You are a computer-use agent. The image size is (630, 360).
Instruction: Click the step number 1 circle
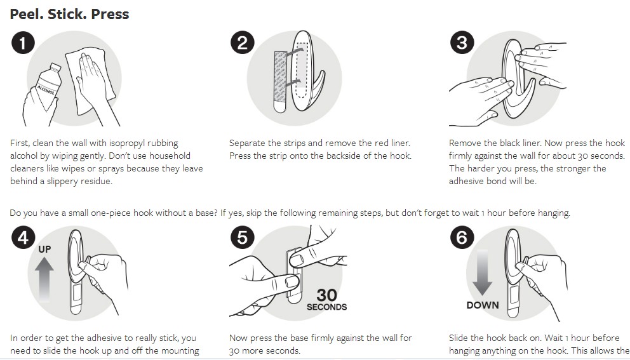(x=23, y=43)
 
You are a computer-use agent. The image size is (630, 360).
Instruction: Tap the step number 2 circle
(x=242, y=43)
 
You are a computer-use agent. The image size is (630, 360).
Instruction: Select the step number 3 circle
(x=462, y=43)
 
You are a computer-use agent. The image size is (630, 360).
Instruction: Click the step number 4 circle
(x=23, y=237)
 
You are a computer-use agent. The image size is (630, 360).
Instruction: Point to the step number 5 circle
(x=242, y=237)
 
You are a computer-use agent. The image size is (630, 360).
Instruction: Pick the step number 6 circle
(x=462, y=237)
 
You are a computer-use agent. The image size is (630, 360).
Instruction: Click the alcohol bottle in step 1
(x=48, y=86)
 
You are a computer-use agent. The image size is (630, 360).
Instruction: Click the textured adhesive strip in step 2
(x=280, y=81)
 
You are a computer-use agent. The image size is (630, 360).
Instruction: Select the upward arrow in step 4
(x=44, y=279)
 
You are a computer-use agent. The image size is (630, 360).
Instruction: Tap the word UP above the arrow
(x=44, y=249)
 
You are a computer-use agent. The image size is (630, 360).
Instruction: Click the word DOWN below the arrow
(x=483, y=305)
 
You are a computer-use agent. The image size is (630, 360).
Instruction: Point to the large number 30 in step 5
(x=326, y=295)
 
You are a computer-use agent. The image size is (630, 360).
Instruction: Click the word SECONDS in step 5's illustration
(x=326, y=307)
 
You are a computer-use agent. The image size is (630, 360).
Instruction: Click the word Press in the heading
(x=110, y=14)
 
